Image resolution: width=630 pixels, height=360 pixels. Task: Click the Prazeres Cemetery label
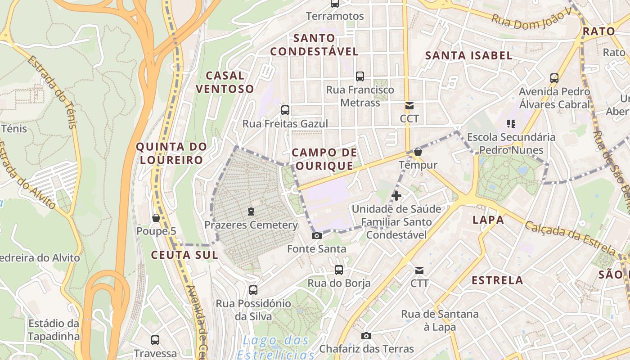[251, 225]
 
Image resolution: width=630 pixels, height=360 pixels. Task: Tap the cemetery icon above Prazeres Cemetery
[251, 211]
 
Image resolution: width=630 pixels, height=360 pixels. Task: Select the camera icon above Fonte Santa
[317, 235]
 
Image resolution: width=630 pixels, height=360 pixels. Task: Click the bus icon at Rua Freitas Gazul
[285, 110]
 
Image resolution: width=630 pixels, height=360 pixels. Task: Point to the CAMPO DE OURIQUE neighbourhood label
[324, 159]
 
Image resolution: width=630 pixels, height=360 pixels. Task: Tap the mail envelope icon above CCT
[409, 106]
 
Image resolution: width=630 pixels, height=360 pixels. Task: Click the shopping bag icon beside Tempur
[418, 152]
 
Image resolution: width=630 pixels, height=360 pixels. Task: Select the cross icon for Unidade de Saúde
[396, 195]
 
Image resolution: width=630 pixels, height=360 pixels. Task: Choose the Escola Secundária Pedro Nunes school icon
[511, 123]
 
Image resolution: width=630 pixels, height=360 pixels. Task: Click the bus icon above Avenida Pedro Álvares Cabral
[554, 78]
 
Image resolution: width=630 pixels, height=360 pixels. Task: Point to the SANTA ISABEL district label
[469, 55]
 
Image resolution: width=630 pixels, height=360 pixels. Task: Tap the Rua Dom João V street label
[531, 19]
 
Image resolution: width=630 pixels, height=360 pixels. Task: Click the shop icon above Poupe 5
[156, 218]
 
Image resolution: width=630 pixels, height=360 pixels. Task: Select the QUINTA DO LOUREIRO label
[171, 153]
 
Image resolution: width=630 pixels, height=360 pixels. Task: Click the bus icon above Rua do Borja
[339, 270]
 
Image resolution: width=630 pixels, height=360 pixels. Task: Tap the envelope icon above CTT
[419, 270]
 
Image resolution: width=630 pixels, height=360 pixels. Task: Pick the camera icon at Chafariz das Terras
[366, 336]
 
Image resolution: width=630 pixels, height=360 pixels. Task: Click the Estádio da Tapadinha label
[54, 329]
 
